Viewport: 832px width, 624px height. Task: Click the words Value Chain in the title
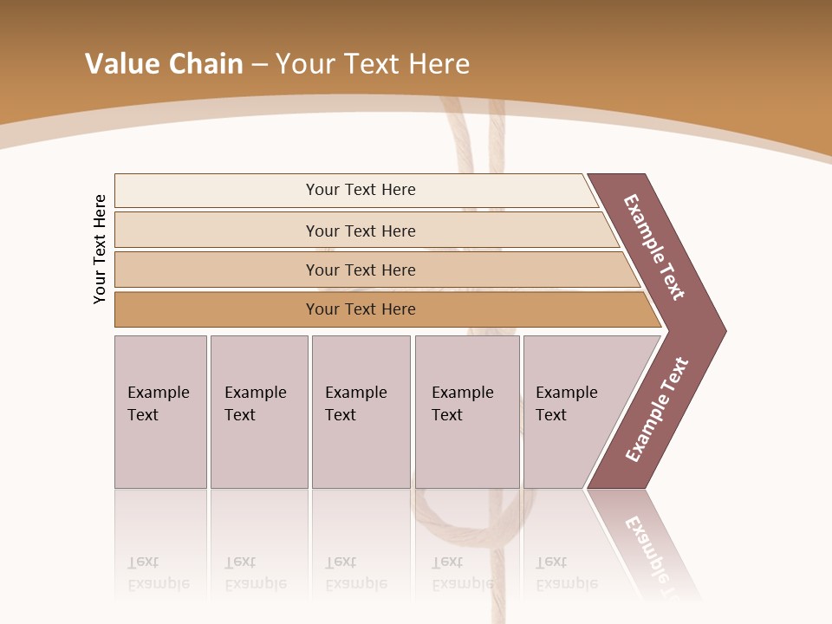[164, 64]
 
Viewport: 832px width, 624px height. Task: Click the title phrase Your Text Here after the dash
[373, 64]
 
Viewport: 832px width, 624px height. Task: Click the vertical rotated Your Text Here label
[100, 249]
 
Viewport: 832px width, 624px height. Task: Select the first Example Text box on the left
[160, 412]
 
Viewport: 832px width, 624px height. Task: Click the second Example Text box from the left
[258, 412]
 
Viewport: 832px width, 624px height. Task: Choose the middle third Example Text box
[361, 412]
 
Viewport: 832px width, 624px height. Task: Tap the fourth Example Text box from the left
[466, 412]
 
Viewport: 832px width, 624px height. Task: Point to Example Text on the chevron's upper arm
[654, 247]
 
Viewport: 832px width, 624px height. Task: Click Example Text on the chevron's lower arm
[656, 410]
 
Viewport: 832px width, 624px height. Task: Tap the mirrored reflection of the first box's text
[158, 573]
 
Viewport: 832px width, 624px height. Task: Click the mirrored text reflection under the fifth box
[566, 573]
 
